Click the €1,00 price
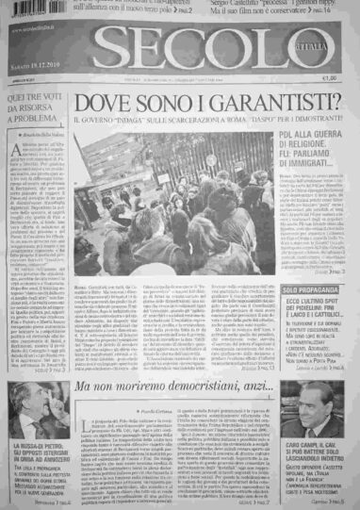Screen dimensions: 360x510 pyautogui.click(x=330, y=78)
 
